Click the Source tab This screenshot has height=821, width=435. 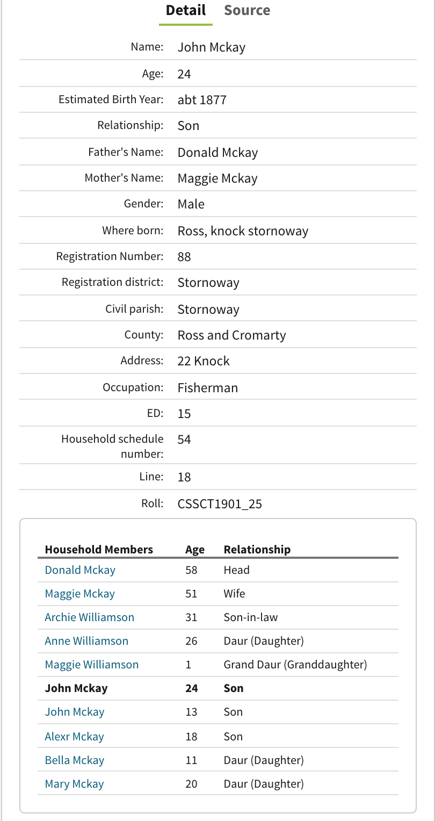click(x=247, y=10)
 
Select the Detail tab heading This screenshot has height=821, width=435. click(x=185, y=10)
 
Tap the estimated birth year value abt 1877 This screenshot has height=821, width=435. click(x=202, y=99)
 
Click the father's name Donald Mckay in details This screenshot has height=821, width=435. click(x=218, y=152)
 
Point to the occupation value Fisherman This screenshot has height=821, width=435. click(x=207, y=387)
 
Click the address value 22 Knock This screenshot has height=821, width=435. click(x=204, y=361)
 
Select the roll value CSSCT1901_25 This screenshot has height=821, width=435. click(x=220, y=503)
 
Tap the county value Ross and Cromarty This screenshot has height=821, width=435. click(x=231, y=335)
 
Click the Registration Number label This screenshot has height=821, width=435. click(x=110, y=256)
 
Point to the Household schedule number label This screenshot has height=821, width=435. click(x=112, y=446)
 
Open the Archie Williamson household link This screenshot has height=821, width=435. click(x=89, y=617)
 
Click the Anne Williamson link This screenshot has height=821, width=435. click(x=86, y=640)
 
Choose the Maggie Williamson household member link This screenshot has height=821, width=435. click(x=91, y=665)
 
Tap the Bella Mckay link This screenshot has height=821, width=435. click(x=74, y=760)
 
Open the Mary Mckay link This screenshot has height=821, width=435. click(x=74, y=783)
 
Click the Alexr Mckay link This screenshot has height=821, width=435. click(x=74, y=736)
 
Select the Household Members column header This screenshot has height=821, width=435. click(x=99, y=549)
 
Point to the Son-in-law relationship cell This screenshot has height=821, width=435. click(x=251, y=617)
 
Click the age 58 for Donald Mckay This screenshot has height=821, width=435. click(x=191, y=570)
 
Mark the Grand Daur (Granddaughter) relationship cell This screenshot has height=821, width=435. click(x=295, y=665)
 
